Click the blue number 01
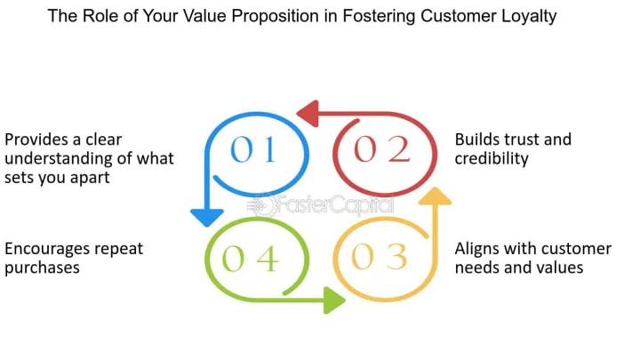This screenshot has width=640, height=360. coord(253,149)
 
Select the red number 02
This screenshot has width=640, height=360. coord(381,149)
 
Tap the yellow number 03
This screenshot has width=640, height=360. coord(380,257)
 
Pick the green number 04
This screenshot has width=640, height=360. coord(250,259)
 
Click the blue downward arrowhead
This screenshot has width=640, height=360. coord(207,217)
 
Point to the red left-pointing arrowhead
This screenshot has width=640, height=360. coord(308,113)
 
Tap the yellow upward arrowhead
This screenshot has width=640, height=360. coord(435,196)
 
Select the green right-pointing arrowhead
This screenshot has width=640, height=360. coord(334,300)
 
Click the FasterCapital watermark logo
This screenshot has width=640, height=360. coord(321,205)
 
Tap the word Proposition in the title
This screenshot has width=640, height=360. coord(275,17)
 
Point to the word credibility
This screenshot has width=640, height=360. coord(492,159)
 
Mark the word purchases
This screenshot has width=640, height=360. coord(42,268)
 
